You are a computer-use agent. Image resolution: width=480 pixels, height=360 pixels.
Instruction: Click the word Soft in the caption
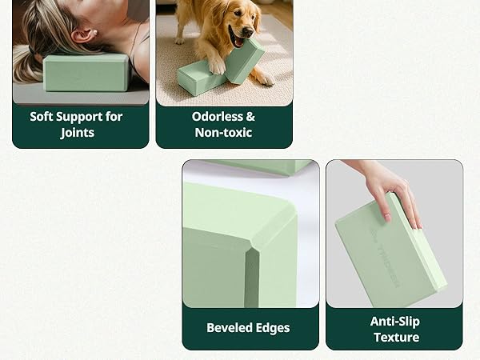[x=44, y=116]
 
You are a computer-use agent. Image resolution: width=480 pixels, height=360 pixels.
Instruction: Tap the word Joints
[x=78, y=133]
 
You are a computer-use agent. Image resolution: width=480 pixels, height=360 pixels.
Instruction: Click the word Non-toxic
[x=224, y=133]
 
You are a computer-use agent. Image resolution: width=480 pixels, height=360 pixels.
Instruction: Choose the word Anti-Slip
[x=395, y=321]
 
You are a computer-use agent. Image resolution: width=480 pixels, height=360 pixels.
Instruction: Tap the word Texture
[x=395, y=338]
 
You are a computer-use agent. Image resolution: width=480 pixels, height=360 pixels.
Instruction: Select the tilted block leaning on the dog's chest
[x=243, y=59]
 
